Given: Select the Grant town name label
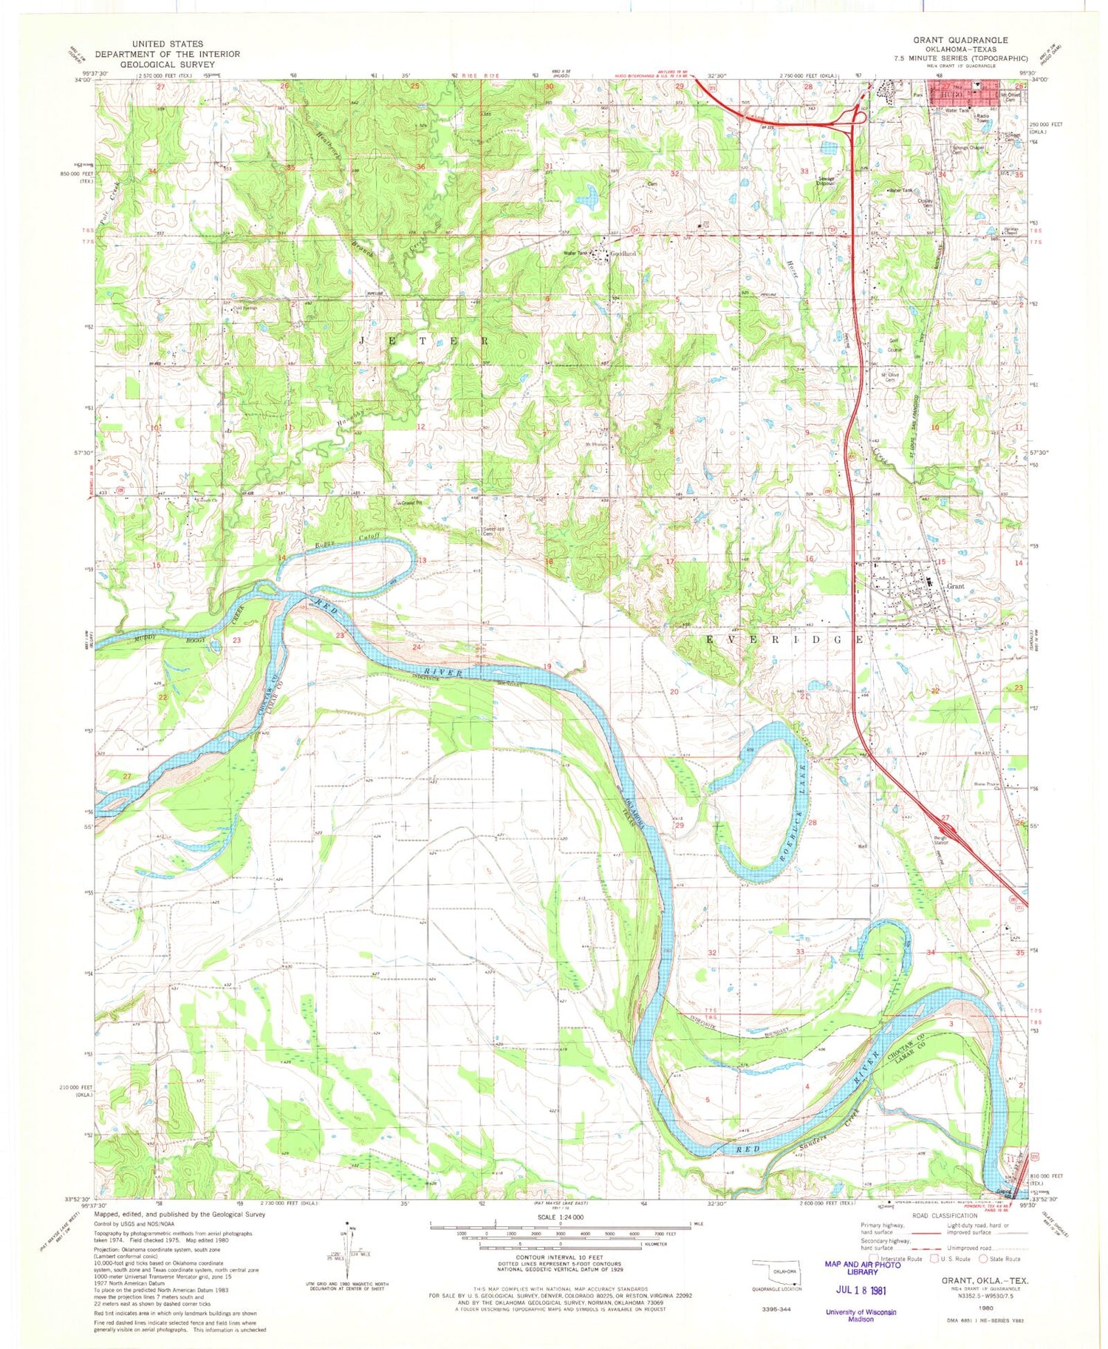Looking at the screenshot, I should [x=955, y=585].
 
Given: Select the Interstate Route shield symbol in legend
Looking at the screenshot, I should [x=874, y=1258].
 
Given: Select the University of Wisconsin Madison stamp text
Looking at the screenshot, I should [x=860, y=1315].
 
